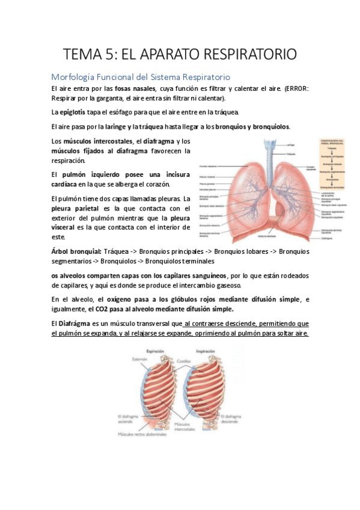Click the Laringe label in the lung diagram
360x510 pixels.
point(290,145)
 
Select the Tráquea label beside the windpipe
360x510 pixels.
point(291,155)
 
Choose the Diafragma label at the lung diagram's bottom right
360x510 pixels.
point(328,238)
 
